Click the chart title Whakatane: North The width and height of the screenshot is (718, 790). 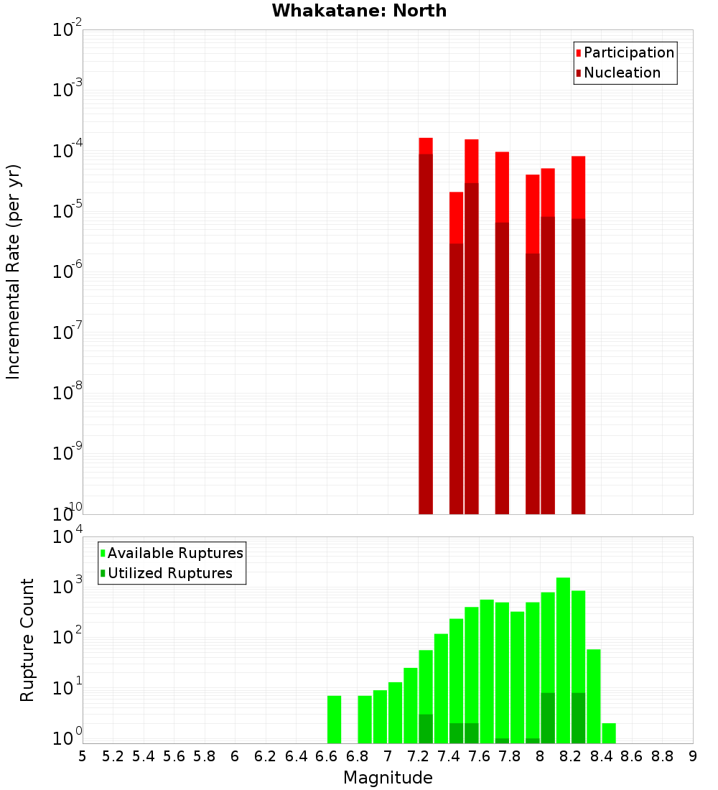point(359,11)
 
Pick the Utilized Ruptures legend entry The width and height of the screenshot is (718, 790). point(169,573)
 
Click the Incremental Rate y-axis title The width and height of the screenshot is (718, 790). point(14,271)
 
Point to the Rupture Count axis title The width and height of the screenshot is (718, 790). point(27,640)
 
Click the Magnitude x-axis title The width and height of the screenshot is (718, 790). point(388,778)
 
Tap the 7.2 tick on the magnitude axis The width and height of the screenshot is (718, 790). point(418,756)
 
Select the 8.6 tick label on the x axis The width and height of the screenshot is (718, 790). point(632,756)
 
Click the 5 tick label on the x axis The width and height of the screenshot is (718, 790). point(83,756)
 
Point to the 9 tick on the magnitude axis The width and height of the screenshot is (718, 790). point(693,756)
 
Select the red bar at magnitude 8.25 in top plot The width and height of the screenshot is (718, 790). point(579,187)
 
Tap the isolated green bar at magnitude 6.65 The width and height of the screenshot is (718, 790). point(334,719)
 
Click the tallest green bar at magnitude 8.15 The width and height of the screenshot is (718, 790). point(563,660)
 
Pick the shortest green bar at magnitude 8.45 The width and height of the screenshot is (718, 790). point(609,733)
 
